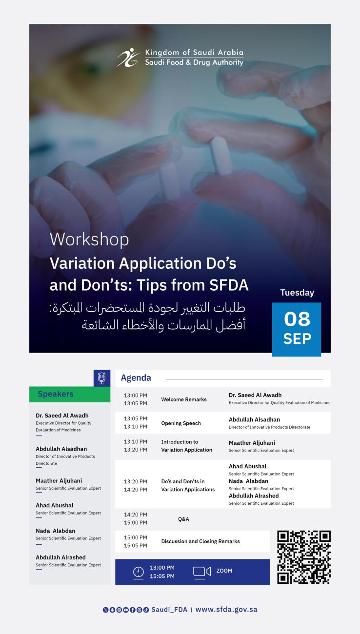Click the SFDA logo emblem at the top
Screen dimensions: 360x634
pos(128,58)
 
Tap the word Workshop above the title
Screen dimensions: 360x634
pos(89,239)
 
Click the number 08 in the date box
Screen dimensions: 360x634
pos(297,318)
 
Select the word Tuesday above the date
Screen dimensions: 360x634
pos(297,293)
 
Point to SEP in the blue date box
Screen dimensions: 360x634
pos(297,338)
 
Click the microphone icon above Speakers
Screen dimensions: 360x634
pos(102,378)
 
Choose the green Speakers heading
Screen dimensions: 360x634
pos(56,394)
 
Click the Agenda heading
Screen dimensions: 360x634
pos(136,378)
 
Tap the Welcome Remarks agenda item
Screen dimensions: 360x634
pos(184,399)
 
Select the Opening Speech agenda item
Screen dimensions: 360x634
pos(181,423)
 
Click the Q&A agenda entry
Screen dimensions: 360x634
pos(183,519)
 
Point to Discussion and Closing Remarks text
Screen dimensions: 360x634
pos(200,541)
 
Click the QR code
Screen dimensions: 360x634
pos(304,557)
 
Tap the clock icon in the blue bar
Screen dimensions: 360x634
pos(139,572)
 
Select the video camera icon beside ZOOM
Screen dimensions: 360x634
pos(202,572)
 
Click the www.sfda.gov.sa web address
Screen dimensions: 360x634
pos(226,610)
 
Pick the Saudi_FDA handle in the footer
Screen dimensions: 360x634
pos(169,610)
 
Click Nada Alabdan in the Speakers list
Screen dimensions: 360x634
pos(56,531)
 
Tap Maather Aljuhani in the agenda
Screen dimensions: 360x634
pos(252,443)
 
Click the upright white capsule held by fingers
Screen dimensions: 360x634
pos(221,156)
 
